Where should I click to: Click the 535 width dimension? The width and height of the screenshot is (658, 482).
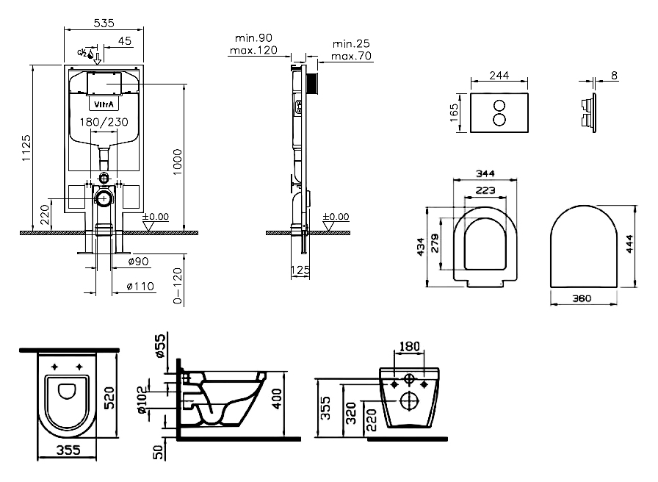pos(104,23)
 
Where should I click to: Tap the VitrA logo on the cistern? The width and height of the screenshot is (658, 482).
pos(104,104)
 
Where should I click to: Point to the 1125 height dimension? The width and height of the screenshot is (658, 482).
pos(26,148)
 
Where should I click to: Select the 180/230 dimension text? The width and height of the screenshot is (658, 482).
pos(104,122)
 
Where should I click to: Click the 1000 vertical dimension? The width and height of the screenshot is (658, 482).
pos(178,162)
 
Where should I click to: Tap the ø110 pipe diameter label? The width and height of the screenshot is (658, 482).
pos(140,287)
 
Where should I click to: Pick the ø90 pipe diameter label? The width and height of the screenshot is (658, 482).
pos(139,262)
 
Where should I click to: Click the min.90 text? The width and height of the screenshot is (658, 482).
pos(253,38)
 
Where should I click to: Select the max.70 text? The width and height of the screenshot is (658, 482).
pos(351,56)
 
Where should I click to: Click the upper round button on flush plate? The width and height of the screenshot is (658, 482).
pos(499,105)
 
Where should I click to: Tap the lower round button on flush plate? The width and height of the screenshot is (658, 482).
pos(499,120)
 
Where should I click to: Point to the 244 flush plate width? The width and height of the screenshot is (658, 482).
pos(499,75)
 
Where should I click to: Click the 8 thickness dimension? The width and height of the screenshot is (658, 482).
pos(615,76)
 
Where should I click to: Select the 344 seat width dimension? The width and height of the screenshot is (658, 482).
pos(485,173)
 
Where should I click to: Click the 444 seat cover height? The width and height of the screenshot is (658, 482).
pos(629,244)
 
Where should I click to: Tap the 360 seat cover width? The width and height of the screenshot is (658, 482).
pos(582,298)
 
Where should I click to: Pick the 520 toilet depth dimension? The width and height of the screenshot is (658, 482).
pos(108,398)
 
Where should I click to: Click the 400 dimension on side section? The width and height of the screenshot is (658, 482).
pos(277,398)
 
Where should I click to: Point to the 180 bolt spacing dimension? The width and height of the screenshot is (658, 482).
pos(409,346)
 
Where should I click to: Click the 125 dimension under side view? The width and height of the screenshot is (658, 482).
pos(300,270)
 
